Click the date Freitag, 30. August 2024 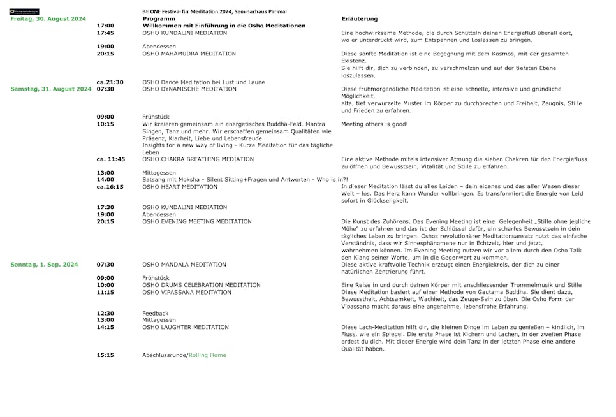click(48, 19)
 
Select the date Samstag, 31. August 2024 click(51, 89)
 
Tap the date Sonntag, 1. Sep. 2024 click(45, 265)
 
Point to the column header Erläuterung click(360, 19)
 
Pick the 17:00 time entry click(105, 26)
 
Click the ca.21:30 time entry click(110, 82)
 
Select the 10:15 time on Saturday click(105, 124)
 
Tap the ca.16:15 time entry click(110, 187)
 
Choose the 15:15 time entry click(105, 355)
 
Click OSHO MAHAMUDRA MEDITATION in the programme click(189, 54)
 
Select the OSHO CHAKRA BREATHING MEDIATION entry click(198, 159)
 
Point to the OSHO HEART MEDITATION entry click(179, 187)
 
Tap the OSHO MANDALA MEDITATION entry click(184, 265)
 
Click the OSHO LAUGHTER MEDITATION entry click(185, 327)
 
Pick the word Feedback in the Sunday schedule click(155, 314)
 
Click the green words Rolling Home click(207, 355)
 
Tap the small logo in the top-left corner click(24, 11)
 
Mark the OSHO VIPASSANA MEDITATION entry click(186, 293)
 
